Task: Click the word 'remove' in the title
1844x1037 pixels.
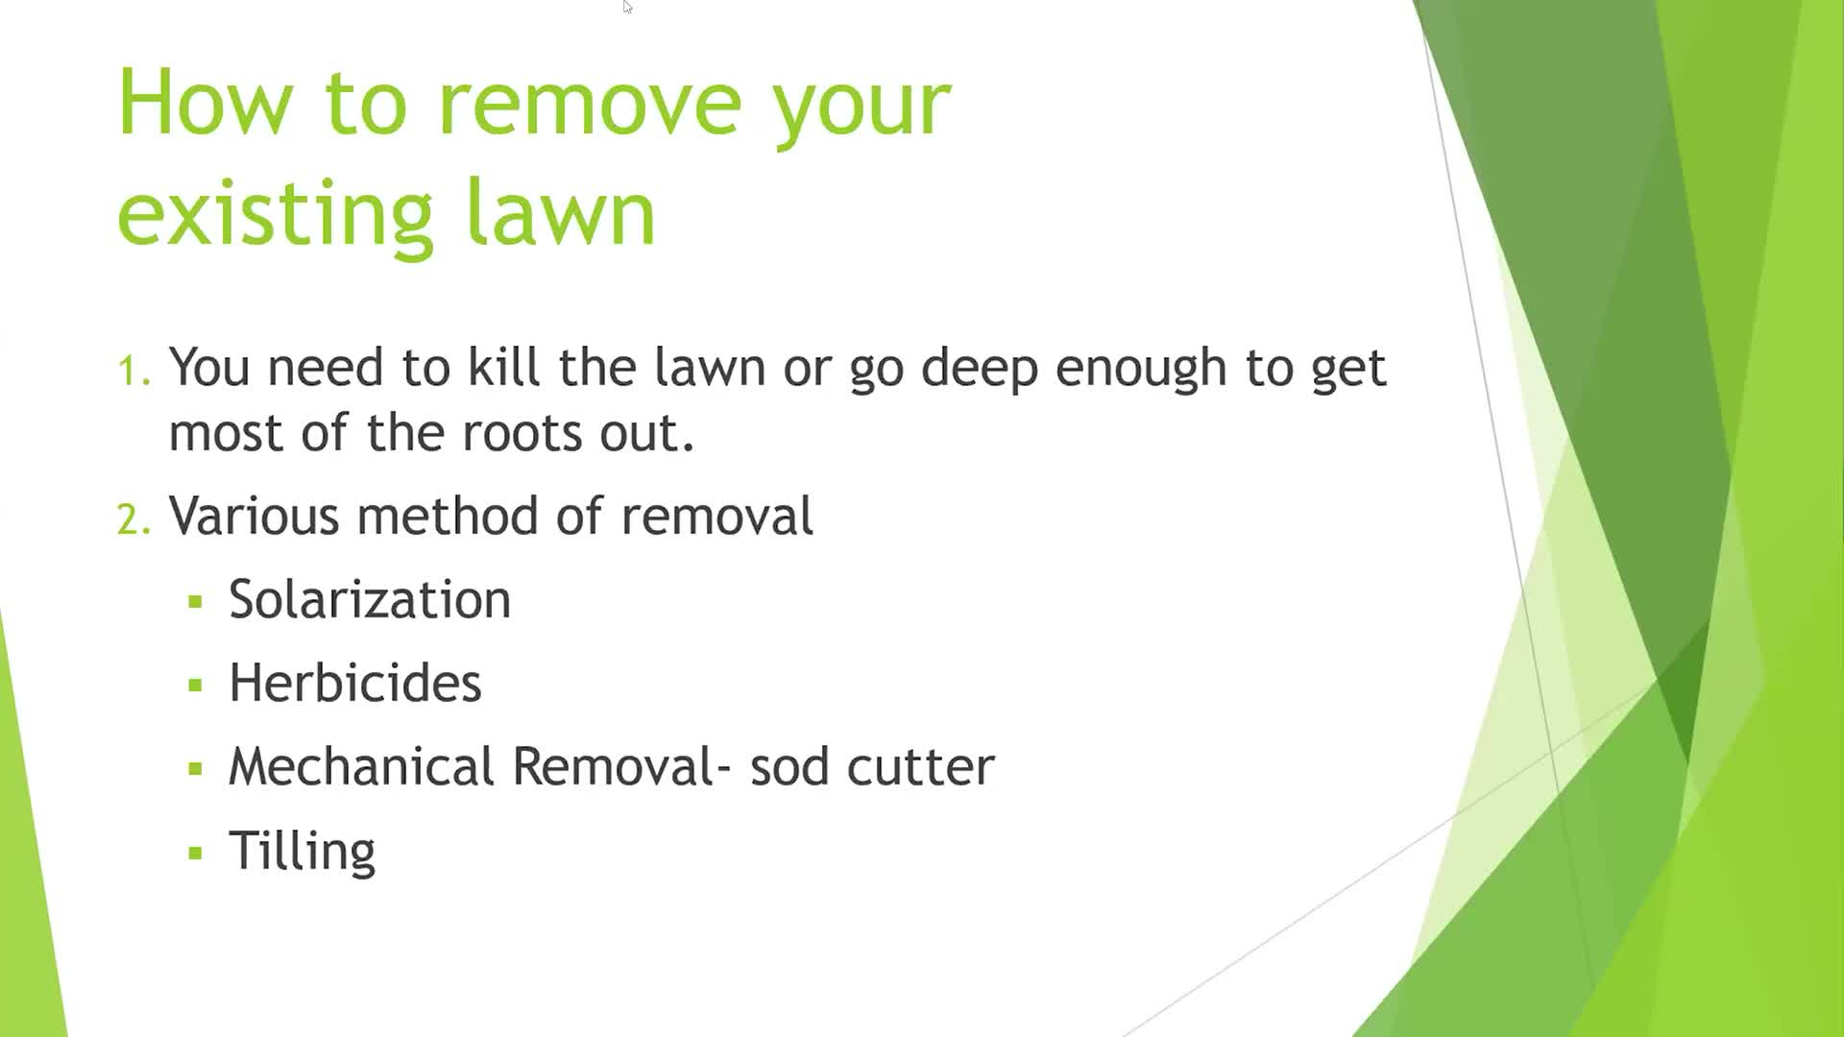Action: point(590,104)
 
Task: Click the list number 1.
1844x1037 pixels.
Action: point(133,371)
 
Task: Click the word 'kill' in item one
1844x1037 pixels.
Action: point(503,367)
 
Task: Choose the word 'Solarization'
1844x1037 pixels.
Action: point(370,600)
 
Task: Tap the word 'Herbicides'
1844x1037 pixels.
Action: point(355,684)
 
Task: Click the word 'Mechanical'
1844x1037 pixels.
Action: point(362,767)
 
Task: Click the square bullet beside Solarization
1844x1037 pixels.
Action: point(196,603)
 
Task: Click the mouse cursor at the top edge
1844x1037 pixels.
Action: point(626,7)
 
